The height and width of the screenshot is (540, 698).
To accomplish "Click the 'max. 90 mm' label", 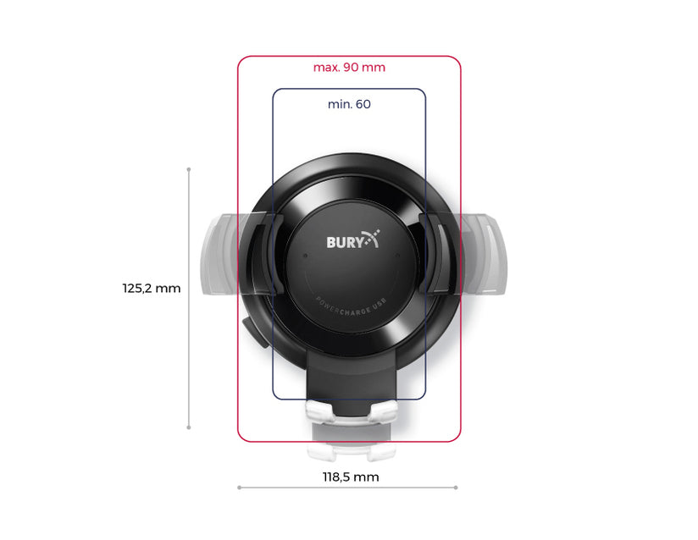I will (x=349, y=68).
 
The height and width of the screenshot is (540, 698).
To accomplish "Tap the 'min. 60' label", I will (x=349, y=105).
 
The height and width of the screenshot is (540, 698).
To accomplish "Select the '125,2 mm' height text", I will (x=152, y=289).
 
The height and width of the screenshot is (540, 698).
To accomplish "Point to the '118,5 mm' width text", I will (x=351, y=477).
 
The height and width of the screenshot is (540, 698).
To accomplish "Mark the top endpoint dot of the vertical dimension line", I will (x=189, y=169).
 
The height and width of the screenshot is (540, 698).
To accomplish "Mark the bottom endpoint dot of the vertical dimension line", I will (x=189, y=428).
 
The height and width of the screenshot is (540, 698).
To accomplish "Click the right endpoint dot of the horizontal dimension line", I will (x=457, y=488).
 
